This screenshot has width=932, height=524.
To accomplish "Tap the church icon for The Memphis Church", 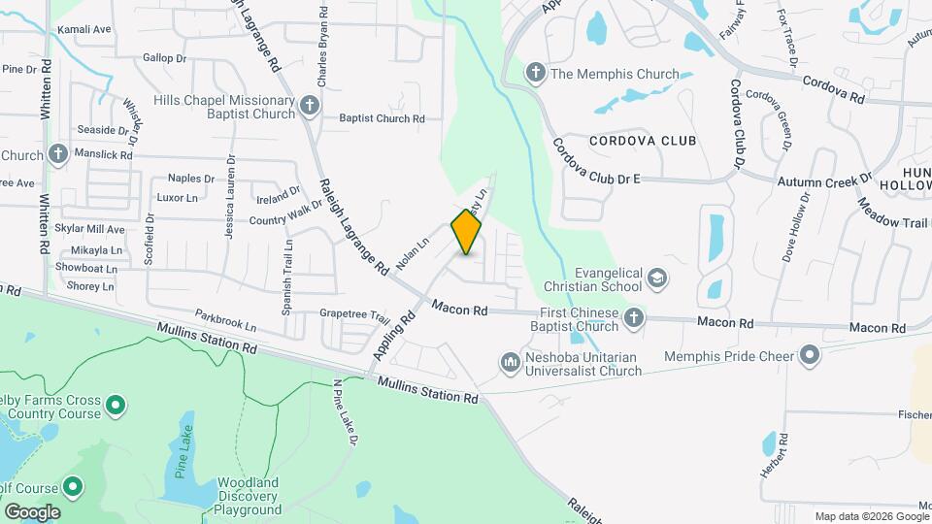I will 534,73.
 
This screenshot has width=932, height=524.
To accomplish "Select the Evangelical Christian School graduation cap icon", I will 657,279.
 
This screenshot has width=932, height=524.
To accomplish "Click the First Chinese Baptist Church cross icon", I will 633,318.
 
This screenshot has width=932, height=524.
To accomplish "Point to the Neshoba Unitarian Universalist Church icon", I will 511,363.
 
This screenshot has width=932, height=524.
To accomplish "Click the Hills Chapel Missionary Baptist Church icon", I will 309,106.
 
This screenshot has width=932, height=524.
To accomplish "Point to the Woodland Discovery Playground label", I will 248,495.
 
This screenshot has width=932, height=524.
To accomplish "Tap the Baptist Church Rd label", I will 382,118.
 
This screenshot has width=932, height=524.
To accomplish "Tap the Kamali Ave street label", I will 84,30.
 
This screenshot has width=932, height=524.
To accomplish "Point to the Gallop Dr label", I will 164,58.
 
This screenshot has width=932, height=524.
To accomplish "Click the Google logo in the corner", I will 32,511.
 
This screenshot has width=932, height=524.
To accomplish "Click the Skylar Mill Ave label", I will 90,230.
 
